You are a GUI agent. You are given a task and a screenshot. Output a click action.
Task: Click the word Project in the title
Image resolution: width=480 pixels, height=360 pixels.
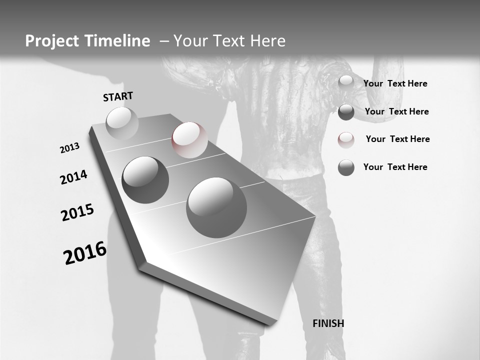pos(52,41)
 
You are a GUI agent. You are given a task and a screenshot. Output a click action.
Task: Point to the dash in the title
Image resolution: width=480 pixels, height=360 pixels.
pos(164,41)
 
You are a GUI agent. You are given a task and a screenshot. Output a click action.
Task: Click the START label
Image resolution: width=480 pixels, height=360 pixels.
pos(118,96)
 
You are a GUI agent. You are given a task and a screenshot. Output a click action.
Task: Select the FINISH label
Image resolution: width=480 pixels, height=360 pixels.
pos(328,323)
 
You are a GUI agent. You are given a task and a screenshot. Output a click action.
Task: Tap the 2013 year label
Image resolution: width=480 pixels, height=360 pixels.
pos(69,148)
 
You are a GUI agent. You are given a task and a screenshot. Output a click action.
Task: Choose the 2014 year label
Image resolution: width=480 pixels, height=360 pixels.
pos(73,177)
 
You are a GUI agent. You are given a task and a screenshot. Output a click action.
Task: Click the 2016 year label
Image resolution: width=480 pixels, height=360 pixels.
pos(85,253)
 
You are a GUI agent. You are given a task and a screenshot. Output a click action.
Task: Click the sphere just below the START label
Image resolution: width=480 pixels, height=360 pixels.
pos(122,123)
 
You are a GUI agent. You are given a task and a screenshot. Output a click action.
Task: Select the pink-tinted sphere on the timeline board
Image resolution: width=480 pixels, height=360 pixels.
pos(189,139)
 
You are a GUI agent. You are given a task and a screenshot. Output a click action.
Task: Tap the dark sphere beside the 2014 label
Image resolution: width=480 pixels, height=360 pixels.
pos(145,179)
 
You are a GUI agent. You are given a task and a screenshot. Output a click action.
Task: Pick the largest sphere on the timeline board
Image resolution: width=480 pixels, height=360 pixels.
pos(216,207)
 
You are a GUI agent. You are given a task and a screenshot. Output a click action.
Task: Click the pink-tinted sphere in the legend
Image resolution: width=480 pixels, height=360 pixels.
pos(346,140)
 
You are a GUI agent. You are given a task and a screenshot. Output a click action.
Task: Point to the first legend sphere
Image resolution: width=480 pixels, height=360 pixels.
pos(346,83)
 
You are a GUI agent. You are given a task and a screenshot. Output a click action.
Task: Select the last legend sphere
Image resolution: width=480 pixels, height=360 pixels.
pos(346,167)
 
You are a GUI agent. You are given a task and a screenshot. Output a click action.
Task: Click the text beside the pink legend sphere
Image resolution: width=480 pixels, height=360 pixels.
pos(397,139)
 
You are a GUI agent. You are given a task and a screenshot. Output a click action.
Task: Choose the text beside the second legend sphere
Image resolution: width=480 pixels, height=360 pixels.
pos(396,111)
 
